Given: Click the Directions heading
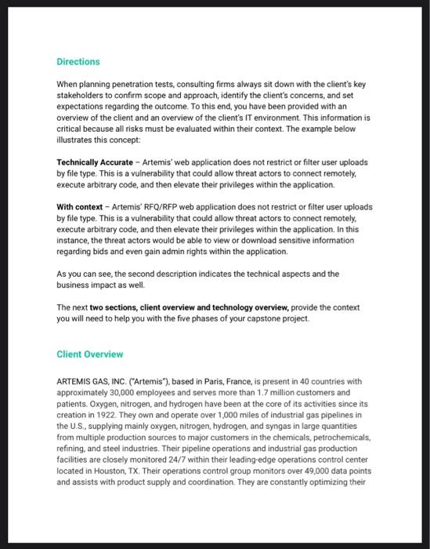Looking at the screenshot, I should tap(78, 61).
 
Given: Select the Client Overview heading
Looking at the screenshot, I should tap(90, 354).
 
